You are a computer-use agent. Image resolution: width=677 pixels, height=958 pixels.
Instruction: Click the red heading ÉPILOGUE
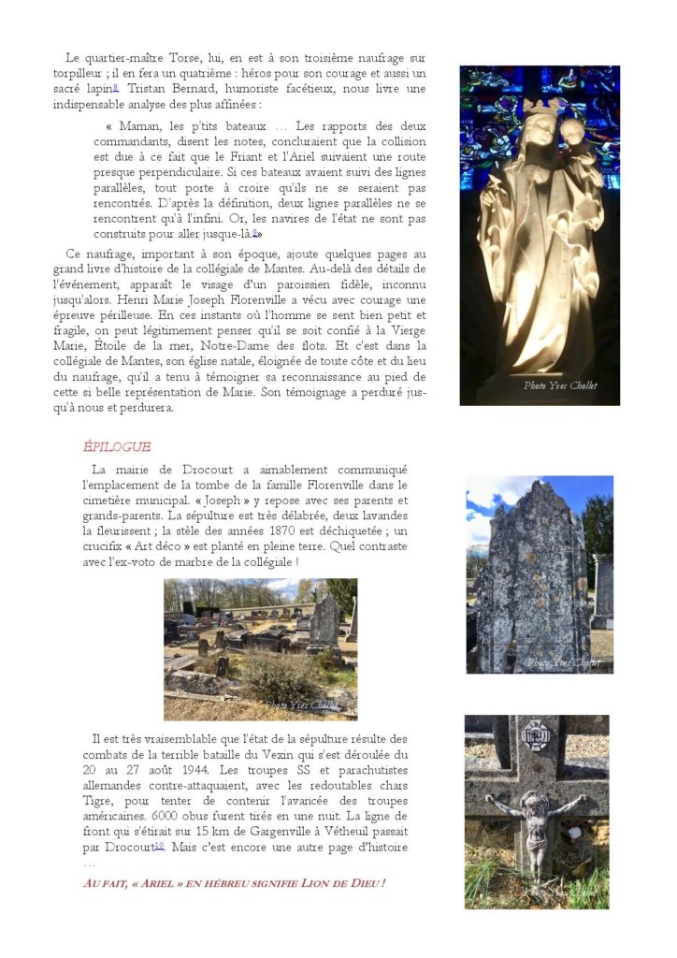117,446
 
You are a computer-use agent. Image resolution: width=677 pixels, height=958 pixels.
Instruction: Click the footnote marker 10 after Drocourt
159,845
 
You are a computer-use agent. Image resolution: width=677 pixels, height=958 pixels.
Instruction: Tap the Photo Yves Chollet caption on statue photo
560,385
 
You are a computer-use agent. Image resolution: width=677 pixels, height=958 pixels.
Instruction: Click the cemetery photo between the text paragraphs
260,647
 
